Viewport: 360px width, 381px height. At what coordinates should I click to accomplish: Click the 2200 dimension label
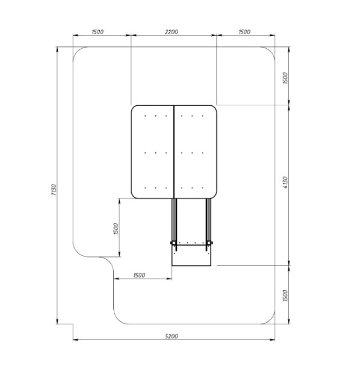coord(172,32)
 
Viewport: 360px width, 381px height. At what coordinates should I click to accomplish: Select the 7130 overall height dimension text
coord(54,190)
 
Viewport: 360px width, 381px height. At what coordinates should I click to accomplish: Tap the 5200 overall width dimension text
coord(172,336)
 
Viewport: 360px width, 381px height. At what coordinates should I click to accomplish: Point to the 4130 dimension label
coord(285,182)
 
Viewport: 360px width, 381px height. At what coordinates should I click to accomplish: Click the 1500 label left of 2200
coord(98,32)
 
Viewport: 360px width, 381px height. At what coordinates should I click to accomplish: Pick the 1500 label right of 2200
coord(244,32)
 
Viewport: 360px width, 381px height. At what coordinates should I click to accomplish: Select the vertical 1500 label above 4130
coord(285,78)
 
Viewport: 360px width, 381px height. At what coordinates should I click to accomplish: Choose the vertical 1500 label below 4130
coord(285,296)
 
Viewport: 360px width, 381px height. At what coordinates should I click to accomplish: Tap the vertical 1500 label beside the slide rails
coord(116,229)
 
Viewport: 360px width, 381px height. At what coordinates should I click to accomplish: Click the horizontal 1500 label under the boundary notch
coord(139,275)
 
